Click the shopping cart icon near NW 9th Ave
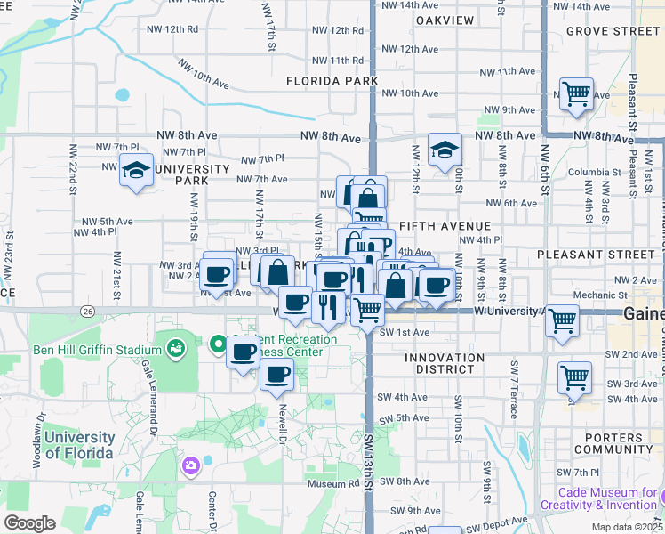pos(576,93)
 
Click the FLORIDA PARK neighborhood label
pos(332,81)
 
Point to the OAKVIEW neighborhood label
pos(445,19)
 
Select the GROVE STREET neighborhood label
pos(613,31)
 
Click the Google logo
pos(29,523)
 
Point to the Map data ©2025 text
pos(626,527)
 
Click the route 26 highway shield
pos(87,311)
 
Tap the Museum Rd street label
pos(333,485)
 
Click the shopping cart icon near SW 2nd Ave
pos(574,376)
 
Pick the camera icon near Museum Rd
pos(190,465)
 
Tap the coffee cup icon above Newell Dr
pos(277,375)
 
